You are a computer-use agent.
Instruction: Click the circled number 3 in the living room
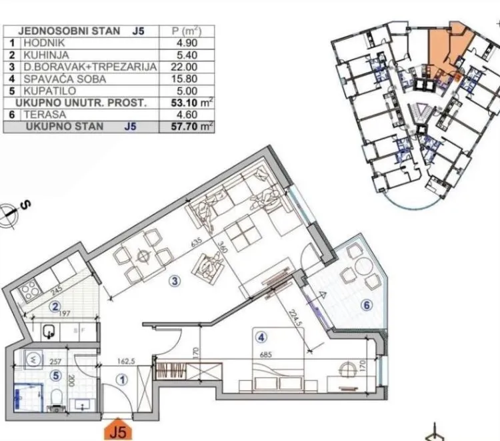pyautogui.click(x=175, y=281)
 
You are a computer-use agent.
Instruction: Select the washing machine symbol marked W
pyautogui.click(x=34, y=358)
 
